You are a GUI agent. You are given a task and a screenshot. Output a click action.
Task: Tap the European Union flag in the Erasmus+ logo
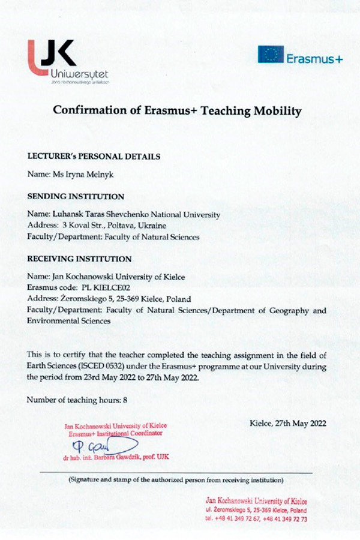[x=271, y=55]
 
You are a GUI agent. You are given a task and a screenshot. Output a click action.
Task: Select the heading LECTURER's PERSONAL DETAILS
[x=94, y=156]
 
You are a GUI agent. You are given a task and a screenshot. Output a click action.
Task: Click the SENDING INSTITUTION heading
[x=76, y=196]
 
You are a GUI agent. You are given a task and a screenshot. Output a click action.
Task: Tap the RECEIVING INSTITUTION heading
[x=80, y=259]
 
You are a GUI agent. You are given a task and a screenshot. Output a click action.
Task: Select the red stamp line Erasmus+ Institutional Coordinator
[x=116, y=433]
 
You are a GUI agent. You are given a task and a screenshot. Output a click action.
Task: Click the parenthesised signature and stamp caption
[x=176, y=480]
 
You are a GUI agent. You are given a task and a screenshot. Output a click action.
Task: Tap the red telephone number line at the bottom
[x=256, y=518]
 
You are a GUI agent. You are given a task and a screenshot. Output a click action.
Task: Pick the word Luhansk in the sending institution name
[x=69, y=214]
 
